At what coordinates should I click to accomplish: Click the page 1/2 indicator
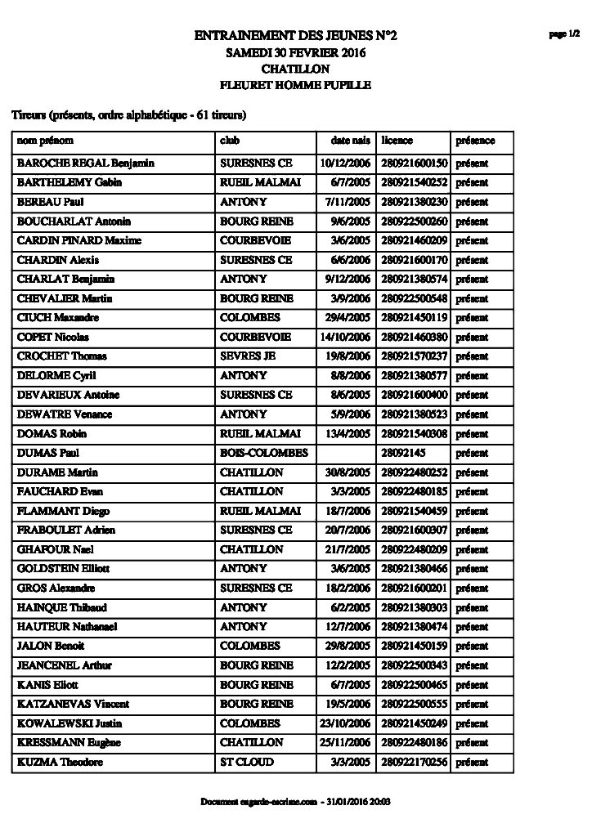point(563,34)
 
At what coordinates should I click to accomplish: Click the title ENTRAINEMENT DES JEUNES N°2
point(295,36)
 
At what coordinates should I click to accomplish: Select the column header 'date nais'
point(350,141)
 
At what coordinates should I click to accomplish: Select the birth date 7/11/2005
point(348,202)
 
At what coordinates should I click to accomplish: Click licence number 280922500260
point(414,222)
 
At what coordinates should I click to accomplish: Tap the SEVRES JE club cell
point(242,356)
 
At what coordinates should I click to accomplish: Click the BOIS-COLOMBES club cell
point(263,453)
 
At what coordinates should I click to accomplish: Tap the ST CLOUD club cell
point(247,762)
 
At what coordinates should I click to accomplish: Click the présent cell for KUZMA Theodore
point(472,762)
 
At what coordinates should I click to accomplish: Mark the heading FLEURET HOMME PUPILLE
point(295,85)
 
